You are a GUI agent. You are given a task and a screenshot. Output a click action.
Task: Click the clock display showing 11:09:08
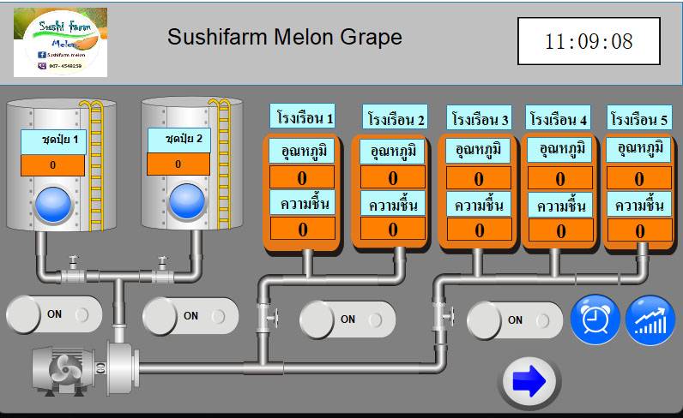tap(589, 41)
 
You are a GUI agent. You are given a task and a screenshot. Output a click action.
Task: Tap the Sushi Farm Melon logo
tap(60, 42)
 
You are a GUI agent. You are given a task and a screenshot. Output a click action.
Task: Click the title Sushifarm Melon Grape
tap(284, 38)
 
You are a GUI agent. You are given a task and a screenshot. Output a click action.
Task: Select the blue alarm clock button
tap(595, 320)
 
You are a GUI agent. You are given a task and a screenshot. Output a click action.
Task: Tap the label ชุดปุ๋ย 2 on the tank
tap(178, 139)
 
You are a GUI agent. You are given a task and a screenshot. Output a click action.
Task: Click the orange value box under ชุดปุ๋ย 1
tap(53, 164)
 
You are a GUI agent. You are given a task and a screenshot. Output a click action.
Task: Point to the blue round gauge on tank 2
tap(187, 202)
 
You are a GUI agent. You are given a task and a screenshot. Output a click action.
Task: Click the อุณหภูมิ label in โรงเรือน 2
tap(393, 152)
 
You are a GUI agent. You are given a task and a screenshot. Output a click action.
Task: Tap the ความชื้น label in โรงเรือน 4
tap(560, 206)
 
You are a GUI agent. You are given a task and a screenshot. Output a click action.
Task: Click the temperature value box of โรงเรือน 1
tap(302, 177)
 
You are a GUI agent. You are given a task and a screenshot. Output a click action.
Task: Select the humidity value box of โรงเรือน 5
tap(639, 230)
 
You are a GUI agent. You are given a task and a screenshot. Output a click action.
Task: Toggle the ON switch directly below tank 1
tap(54, 314)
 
